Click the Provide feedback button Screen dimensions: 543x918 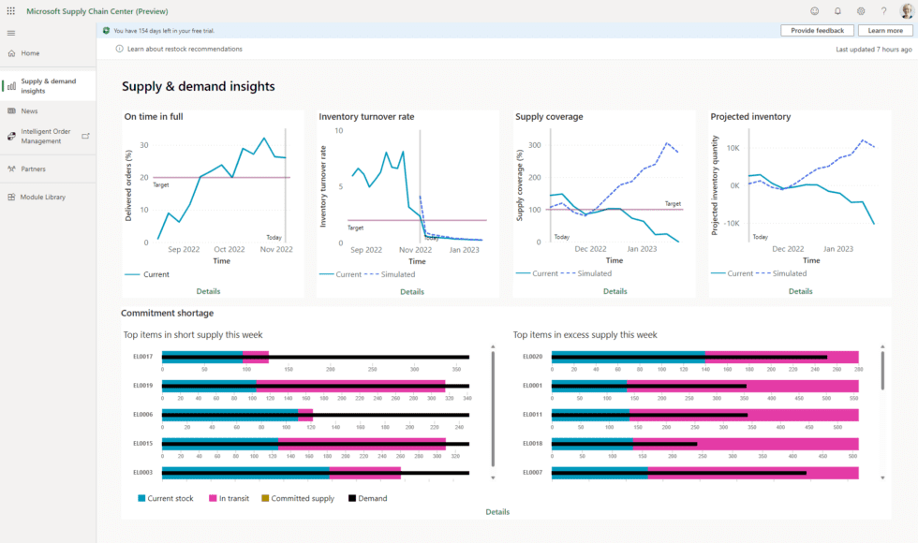click(817, 31)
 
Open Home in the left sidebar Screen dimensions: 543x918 click(30, 53)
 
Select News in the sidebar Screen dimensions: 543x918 click(29, 110)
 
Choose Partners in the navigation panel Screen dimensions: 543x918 click(33, 169)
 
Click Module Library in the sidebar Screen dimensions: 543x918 click(43, 197)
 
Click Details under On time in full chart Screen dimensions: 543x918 click(208, 291)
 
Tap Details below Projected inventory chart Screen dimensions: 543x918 click(800, 291)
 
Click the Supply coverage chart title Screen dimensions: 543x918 click(549, 117)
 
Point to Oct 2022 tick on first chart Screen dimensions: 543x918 click(229, 250)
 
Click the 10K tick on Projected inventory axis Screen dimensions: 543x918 click(733, 148)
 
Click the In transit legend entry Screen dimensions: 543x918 click(234, 498)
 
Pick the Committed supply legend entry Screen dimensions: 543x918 click(303, 498)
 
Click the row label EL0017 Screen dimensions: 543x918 click(142, 356)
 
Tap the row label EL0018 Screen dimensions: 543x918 click(532, 443)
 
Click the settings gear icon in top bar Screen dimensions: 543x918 click(861, 11)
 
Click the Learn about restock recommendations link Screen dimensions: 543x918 click(185, 49)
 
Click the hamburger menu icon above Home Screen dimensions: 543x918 click(11, 33)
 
